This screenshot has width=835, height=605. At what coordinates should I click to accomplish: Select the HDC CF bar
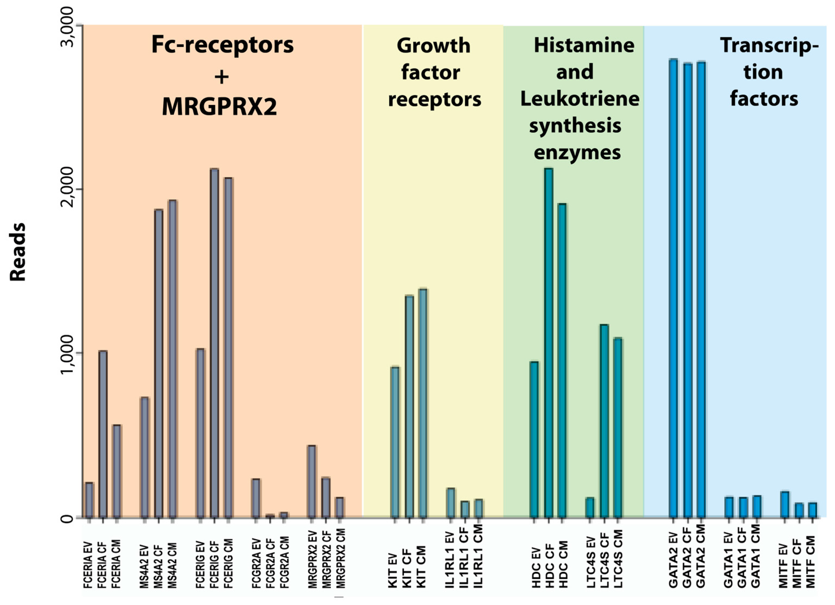[549, 343]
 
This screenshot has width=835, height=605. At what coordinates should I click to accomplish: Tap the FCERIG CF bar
[214, 343]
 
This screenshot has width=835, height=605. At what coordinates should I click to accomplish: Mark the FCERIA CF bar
[103, 434]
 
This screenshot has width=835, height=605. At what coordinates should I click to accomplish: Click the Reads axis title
[18, 252]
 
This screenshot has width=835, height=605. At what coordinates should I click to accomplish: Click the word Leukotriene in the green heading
[579, 99]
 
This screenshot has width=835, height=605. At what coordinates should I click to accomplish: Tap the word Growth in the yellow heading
[433, 46]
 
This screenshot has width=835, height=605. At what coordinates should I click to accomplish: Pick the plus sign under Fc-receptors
[221, 77]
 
